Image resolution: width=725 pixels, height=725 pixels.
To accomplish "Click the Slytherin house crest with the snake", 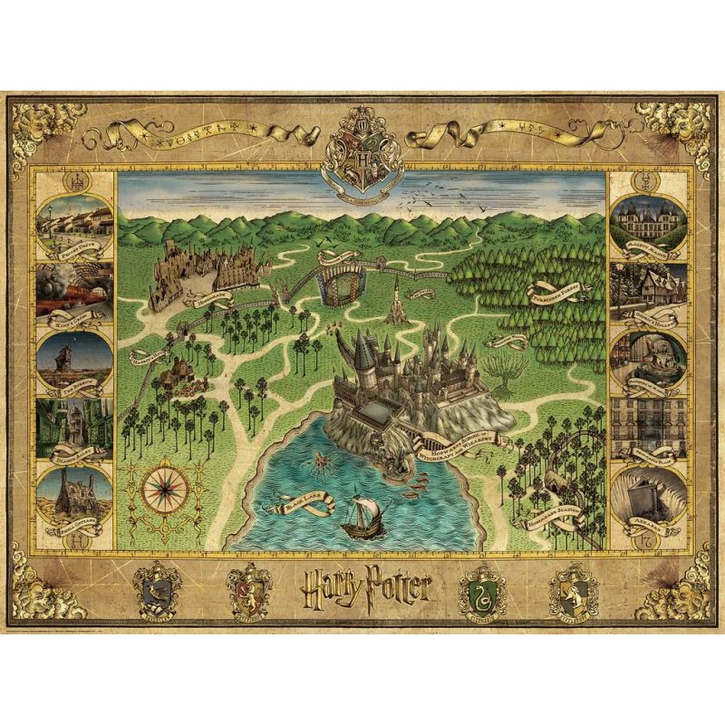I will pyautogui.click(x=481, y=590).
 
